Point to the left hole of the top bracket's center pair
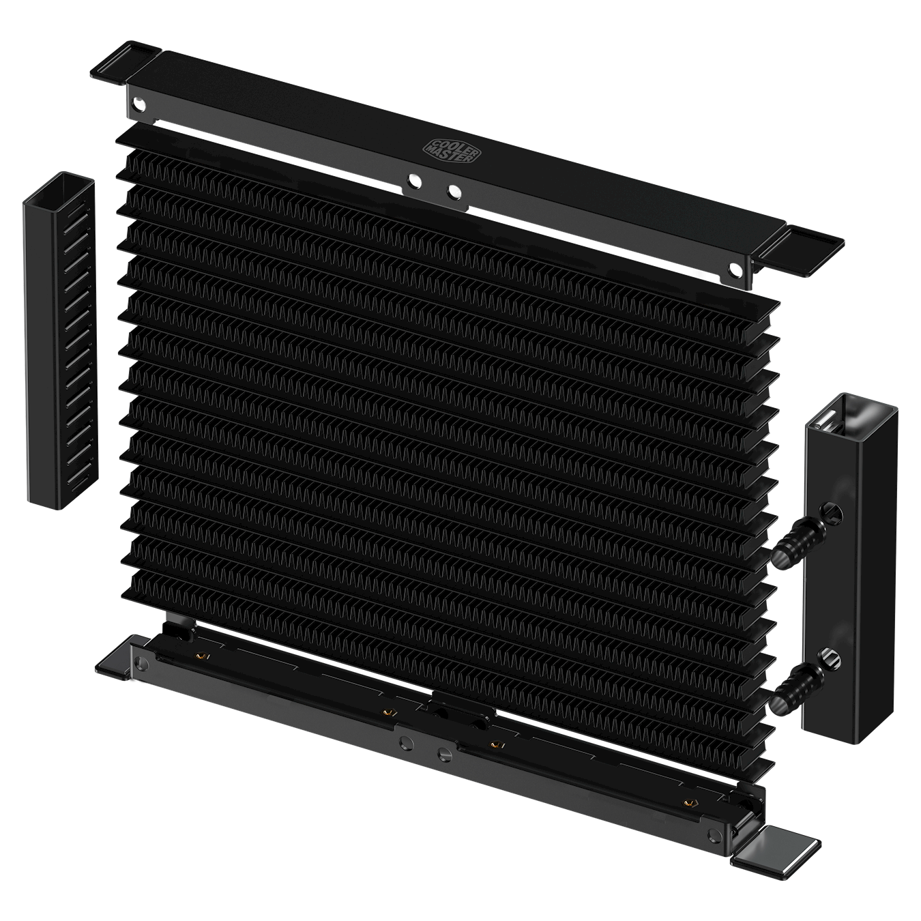click(413, 181)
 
